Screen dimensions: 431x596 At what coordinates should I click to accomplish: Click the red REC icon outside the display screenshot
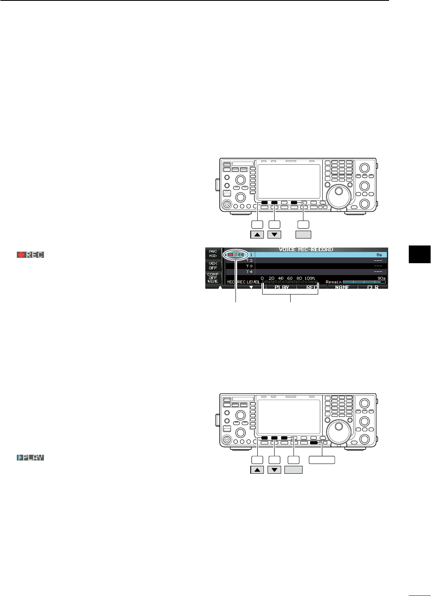(x=30, y=255)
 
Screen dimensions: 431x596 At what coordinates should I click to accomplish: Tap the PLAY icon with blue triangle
(x=30, y=458)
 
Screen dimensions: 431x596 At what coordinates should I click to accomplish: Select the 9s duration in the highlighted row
(x=379, y=255)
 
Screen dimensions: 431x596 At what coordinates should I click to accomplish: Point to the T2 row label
(x=249, y=261)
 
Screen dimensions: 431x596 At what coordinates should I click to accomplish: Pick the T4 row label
(x=249, y=272)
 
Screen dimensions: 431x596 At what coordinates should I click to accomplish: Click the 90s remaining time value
(x=382, y=278)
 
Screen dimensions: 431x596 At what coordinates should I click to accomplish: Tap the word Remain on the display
(x=333, y=282)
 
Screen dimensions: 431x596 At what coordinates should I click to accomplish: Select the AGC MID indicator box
(x=213, y=253)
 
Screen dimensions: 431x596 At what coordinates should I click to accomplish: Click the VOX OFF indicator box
(x=213, y=266)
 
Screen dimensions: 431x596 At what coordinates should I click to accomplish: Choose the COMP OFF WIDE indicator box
(x=213, y=278)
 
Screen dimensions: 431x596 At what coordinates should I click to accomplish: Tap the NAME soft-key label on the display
(x=342, y=287)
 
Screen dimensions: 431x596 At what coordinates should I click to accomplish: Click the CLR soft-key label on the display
(x=373, y=287)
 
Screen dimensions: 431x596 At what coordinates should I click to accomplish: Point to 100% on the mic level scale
(x=310, y=278)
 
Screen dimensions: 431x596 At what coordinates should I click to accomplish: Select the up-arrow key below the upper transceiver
(x=257, y=235)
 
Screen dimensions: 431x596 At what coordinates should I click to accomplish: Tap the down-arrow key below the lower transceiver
(x=274, y=470)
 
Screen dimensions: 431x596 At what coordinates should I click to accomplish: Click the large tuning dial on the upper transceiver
(x=340, y=193)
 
